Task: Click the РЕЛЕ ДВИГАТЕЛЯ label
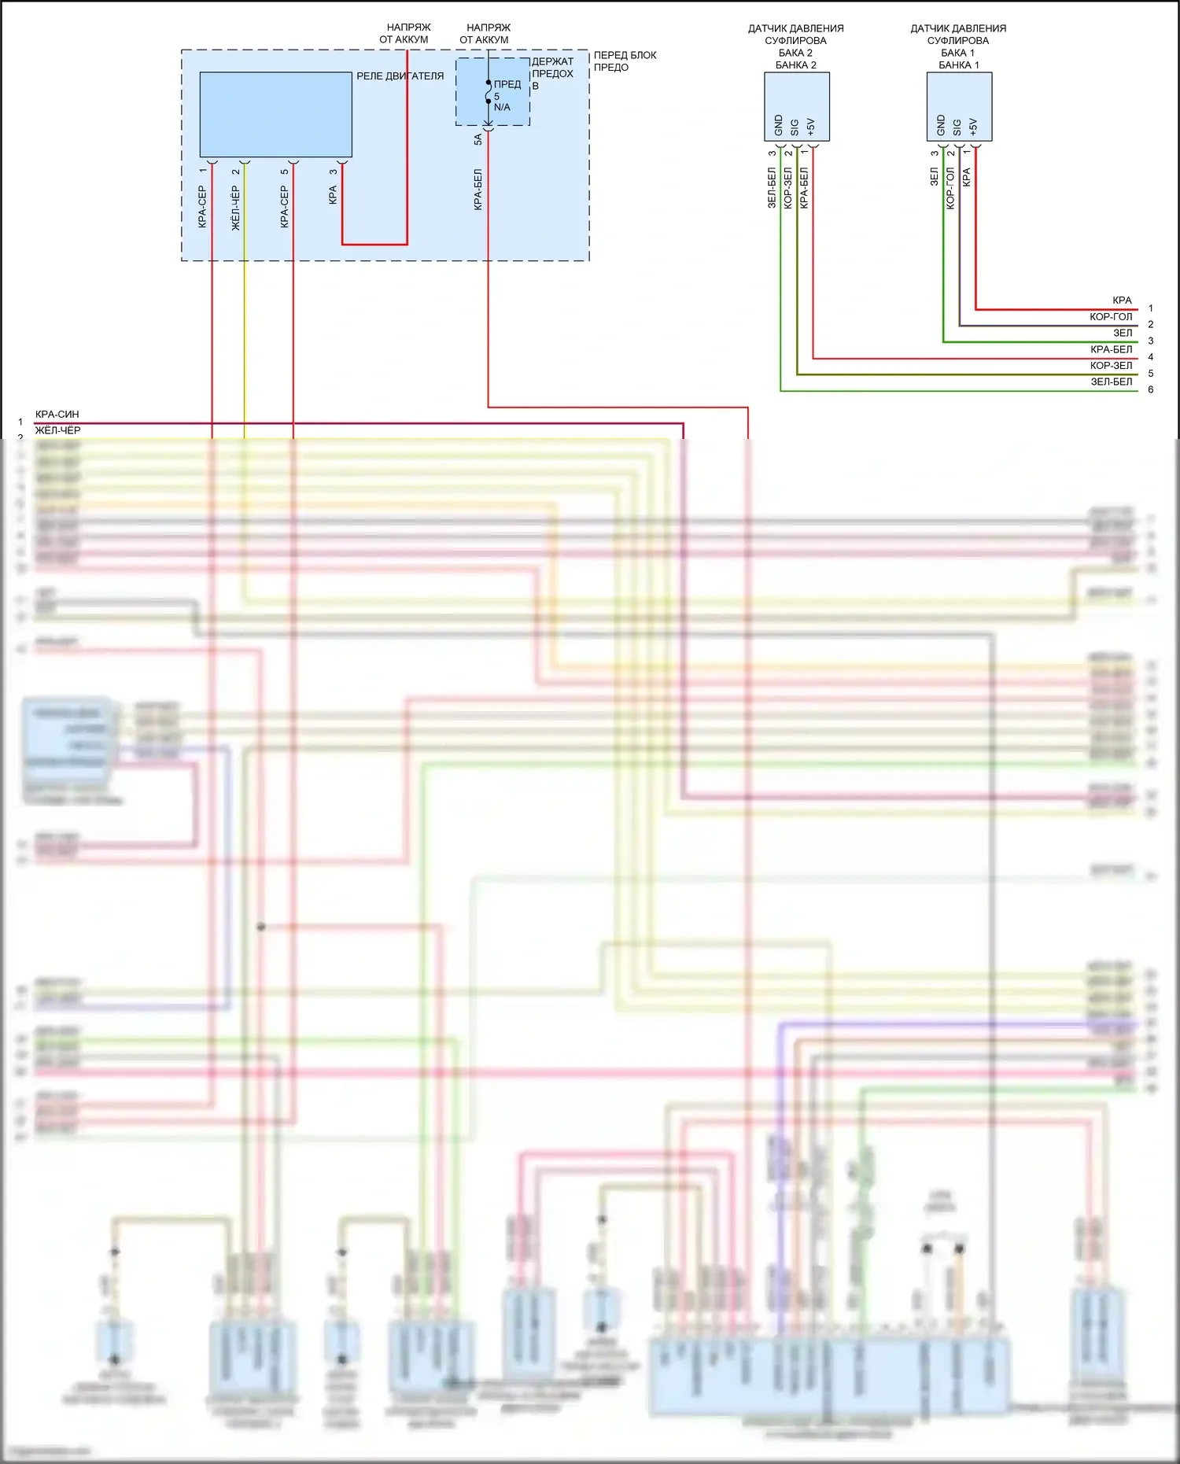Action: point(400,76)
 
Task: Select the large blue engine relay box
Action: point(275,115)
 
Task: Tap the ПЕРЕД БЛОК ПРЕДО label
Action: point(625,61)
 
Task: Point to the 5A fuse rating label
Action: point(478,139)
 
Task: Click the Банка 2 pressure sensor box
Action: point(796,106)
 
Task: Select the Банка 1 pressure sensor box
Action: point(959,106)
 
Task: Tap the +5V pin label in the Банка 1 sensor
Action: point(974,126)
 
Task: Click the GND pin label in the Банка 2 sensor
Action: point(779,125)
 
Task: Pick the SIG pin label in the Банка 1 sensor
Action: point(957,127)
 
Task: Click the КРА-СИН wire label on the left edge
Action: point(57,414)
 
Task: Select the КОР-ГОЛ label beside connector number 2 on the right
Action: point(1111,316)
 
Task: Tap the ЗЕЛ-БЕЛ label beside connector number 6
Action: point(1111,382)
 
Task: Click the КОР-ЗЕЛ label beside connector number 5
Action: point(1111,365)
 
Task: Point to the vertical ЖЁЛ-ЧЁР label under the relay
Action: point(236,208)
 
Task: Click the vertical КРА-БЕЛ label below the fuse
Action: point(478,189)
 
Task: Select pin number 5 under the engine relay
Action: point(285,171)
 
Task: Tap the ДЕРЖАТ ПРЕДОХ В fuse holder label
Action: point(552,73)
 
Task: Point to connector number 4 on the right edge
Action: point(1150,357)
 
